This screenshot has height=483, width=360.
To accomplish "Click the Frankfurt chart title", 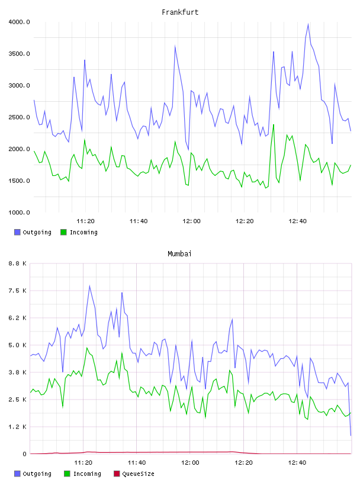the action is tap(180, 12).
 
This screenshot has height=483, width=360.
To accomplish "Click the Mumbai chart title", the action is tap(179, 254).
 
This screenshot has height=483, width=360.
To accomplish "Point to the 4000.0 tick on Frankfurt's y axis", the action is tap(19, 22).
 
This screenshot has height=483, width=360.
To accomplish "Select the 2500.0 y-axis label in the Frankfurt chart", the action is tap(19, 117).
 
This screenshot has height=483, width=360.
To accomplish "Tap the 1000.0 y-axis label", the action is tap(19, 212).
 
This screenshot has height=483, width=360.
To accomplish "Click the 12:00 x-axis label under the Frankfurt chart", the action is tap(191, 221).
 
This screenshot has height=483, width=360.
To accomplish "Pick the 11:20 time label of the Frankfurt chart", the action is tap(85, 221).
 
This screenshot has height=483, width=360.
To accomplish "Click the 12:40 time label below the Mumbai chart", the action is tap(297, 462).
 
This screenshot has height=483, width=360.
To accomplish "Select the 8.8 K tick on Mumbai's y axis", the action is tap(18, 263).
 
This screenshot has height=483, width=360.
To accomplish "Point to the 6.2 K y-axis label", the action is tap(18, 318).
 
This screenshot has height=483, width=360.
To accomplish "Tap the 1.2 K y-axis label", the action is tap(18, 427).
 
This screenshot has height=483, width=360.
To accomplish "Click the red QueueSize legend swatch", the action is tap(117, 474).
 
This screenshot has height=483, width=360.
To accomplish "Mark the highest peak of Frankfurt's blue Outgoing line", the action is tap(308, 24).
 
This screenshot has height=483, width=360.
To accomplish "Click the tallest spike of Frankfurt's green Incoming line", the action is tap(274, 124).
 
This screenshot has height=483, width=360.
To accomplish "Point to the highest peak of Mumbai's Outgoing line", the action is tap(89, 285).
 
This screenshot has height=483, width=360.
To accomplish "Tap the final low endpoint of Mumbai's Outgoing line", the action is tap(351, 436).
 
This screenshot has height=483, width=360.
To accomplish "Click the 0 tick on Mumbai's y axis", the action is tap(25, 454).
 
